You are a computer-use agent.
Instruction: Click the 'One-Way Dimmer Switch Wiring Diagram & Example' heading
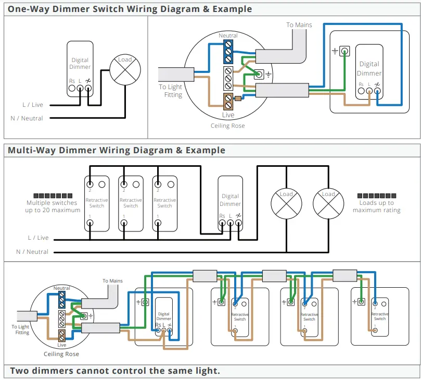click(x=130, y=9)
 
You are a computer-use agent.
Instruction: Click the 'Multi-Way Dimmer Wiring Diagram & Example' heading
click(x=117, y=150)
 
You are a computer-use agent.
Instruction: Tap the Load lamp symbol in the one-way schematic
click(x=125, y=70)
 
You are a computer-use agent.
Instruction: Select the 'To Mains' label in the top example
click(x=299, y=24)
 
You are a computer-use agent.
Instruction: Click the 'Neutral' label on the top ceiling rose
click(x=228, y=35)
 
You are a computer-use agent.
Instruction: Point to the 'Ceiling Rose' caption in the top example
click(x=227, y=126)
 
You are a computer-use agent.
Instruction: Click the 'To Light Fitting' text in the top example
click(x=171, y=91)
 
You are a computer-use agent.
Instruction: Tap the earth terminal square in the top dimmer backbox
click(x=345, y=51)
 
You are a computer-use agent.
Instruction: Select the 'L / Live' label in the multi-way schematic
click(x=39, y=238)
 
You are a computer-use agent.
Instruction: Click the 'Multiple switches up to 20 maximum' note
click(x=53, y=206)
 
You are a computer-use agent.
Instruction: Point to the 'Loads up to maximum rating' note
click(x=376, y=206)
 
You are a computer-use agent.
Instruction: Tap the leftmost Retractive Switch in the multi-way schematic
click(x=96, y=203)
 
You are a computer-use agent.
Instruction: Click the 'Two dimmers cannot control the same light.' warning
click(x=114, y=371)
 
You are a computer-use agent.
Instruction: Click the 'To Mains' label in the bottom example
click(x=112, y=281)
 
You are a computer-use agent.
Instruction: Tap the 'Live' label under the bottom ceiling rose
click(x=61, y=345)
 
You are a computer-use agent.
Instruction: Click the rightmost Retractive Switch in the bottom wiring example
click(x=379, y=316)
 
